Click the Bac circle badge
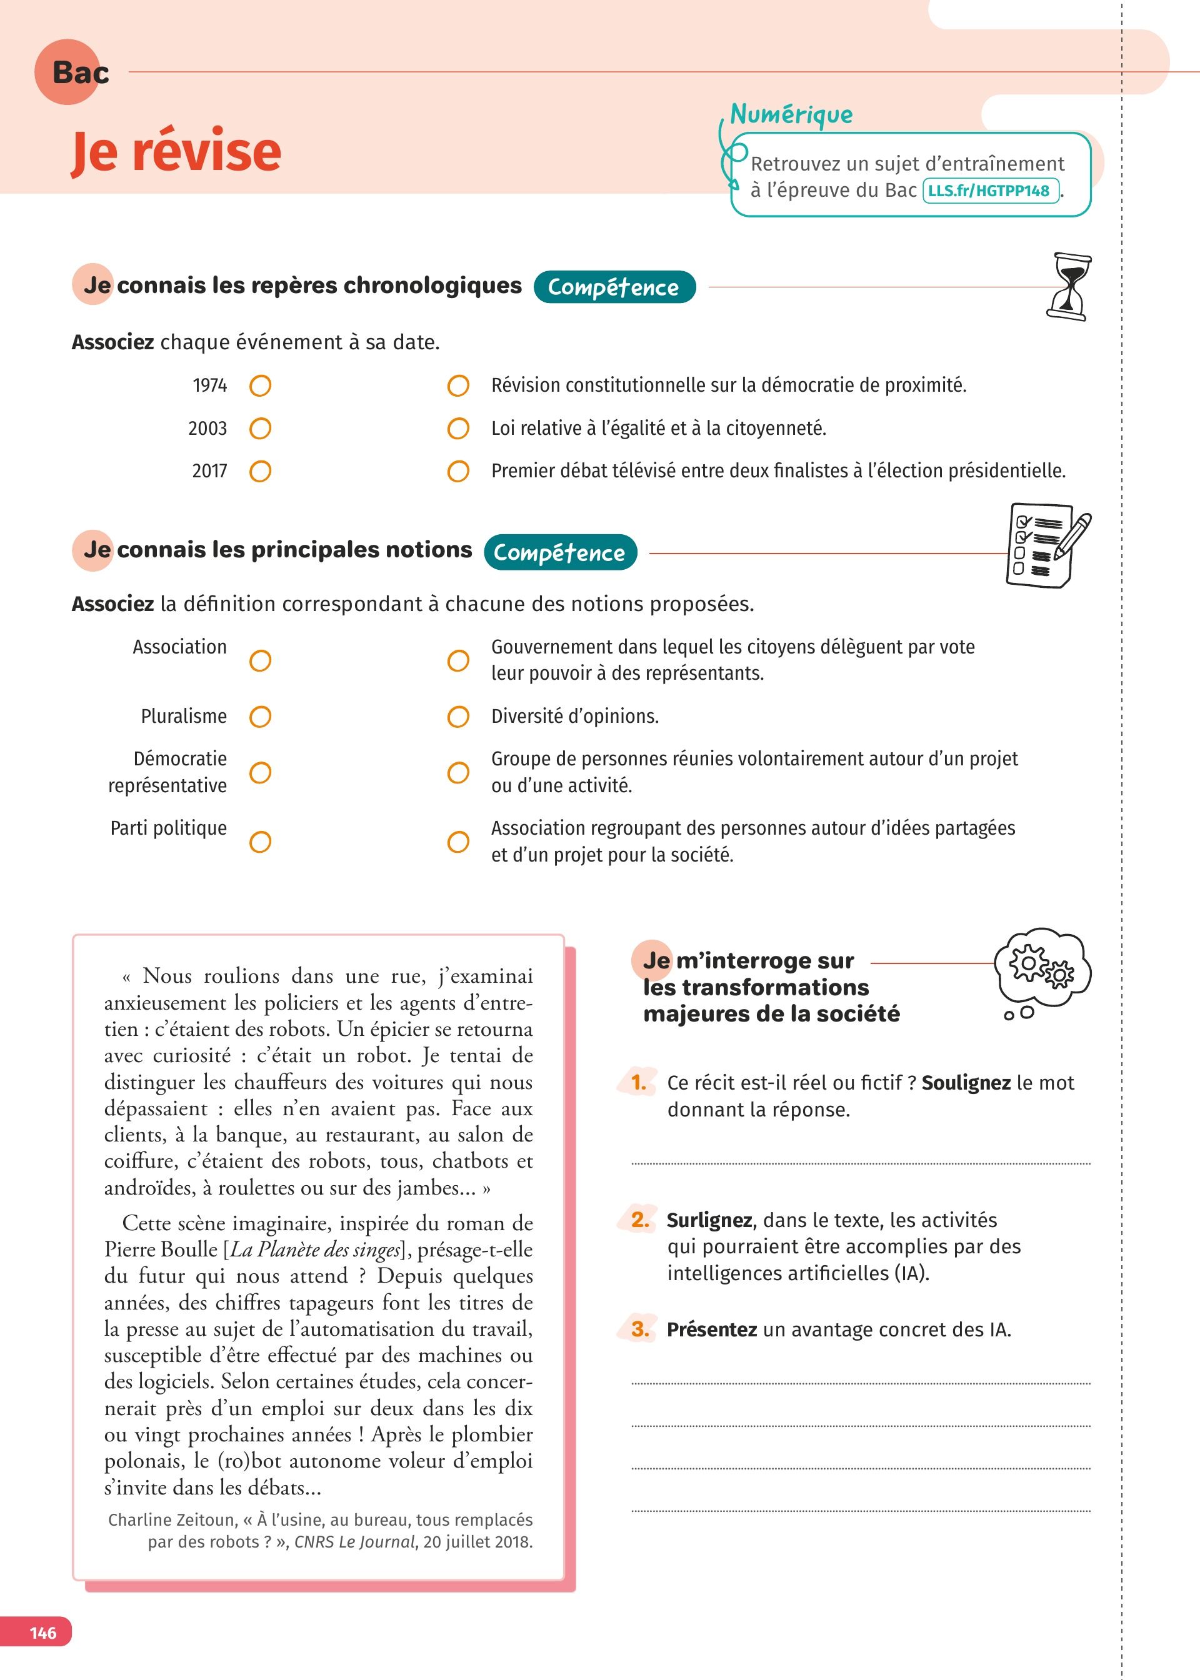(68, 72)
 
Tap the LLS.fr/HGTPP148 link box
(990, 191)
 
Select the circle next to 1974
(260, 385)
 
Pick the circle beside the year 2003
(260, 429)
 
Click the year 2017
(209, 471)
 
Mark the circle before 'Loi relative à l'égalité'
(458, 429)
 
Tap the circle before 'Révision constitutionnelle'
(458, 385)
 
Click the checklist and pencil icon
(1046, 547)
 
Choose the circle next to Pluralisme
(260, 717)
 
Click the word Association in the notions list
(179, 647)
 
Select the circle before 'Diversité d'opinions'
(458, 717)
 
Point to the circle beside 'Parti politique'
(260, 841)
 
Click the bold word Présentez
(712, 1330)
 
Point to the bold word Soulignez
(966, 1083)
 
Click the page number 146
(43, 1632)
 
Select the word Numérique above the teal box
(791, 114)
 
